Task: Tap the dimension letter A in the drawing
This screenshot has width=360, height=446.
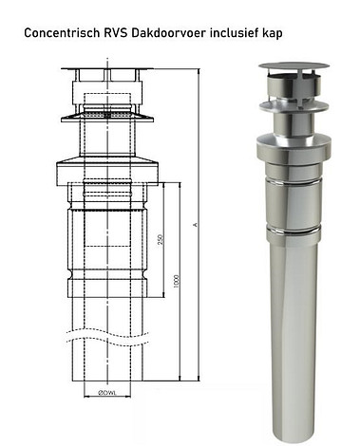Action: [x=195, y=224]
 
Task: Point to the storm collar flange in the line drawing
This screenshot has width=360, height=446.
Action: [x=106, y=119]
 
